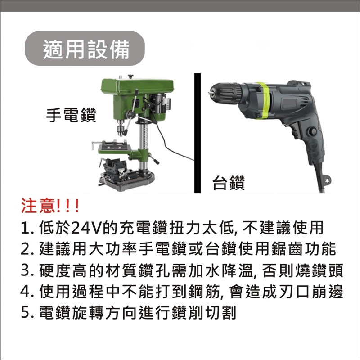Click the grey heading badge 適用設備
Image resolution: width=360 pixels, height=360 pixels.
click(x=85, y=49)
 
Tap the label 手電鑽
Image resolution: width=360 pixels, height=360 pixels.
click(x=71, y=115)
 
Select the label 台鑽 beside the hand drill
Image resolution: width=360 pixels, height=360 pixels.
click(x=229, y=183)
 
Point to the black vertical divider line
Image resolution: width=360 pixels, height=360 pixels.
click(x=197, y=133)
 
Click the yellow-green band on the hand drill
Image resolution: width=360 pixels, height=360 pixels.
click(x=263, y=101)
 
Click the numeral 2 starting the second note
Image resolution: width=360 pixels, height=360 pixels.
click(x=25, y=250)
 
